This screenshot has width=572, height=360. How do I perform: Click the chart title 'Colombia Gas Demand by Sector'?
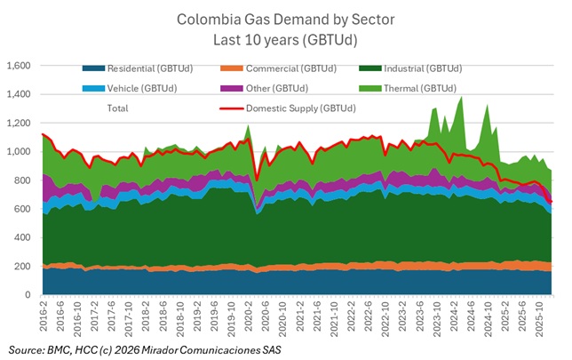286,19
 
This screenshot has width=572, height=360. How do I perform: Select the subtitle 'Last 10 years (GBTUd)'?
286,39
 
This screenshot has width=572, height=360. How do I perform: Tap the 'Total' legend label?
117,108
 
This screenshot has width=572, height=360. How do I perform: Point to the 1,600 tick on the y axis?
19,67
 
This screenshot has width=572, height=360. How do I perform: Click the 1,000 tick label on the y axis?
19,152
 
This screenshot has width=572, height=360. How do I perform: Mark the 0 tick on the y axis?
29,295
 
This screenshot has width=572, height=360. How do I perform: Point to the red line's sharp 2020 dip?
258,180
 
